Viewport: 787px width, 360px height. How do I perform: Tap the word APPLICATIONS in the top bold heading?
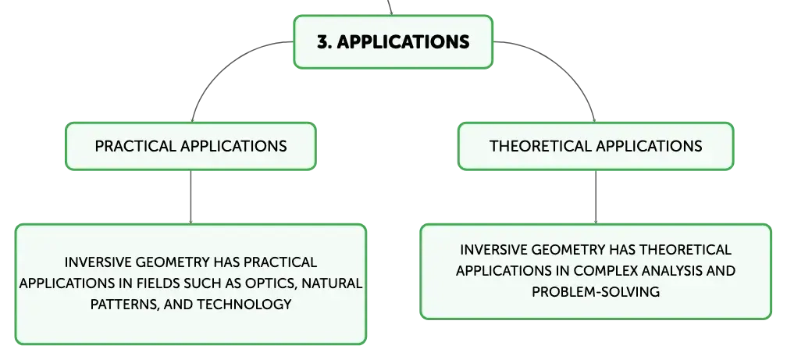pyautogui.click(x=403, y=41)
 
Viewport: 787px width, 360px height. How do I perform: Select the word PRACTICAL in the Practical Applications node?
pyautogui.click(x=135, y=146)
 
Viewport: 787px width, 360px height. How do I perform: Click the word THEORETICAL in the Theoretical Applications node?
pyautogui.click(x=540, y=146)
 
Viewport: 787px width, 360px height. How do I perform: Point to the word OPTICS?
pyautogui.click(x=271, y=283)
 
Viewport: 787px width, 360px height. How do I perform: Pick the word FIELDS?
pyautogui.click(x=158, y=283)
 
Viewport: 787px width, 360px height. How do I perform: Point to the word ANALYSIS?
pyautogui.click(x=671, y=271)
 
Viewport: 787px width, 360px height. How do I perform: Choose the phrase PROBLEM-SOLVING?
pyautogui.click(x=596, y=292)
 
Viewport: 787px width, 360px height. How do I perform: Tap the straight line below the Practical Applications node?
pyautogui.click(x=191, y=197)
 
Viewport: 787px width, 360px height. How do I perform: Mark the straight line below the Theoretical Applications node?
pyautogui.click(x=596, y=197)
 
